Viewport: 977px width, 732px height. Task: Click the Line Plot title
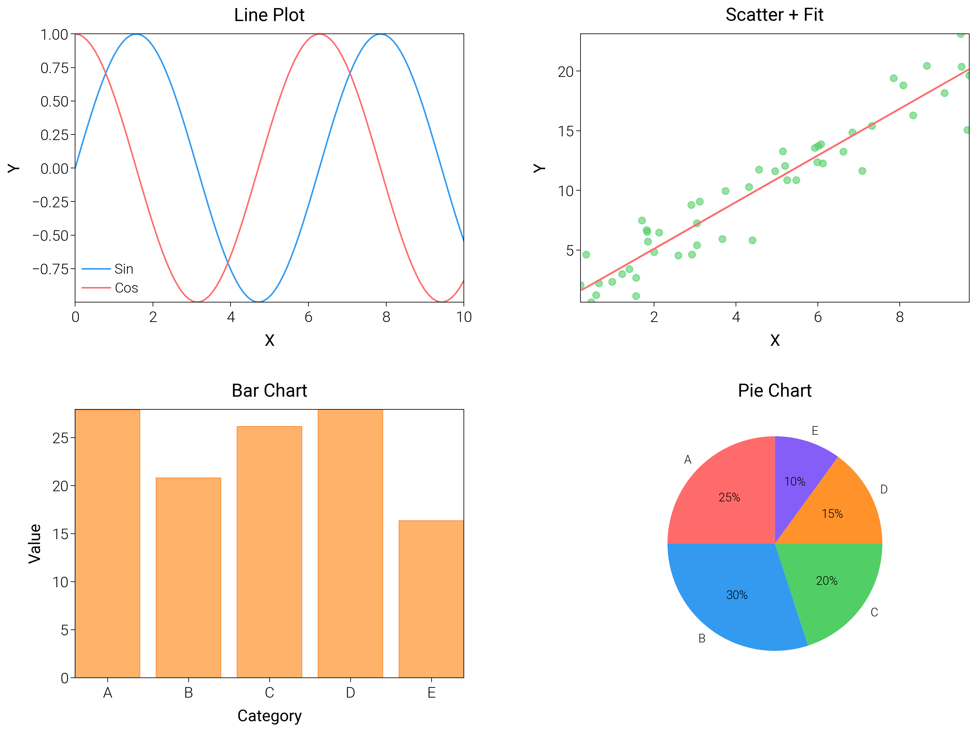(x=269, y=15)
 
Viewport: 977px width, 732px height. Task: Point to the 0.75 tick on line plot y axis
(x=55, y=68)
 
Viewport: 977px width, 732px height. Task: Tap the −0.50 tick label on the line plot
(x=50, y=235)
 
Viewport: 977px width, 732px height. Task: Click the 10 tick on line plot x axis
(x=464, y=317)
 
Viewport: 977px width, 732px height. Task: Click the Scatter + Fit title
(x=774, y=15)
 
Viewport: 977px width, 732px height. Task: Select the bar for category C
(x=269, y=552)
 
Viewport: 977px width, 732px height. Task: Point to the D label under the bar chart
(x=350, y=693)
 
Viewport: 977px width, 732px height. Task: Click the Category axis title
(x=269, y=716)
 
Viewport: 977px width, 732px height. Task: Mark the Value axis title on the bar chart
(x=34, y=544)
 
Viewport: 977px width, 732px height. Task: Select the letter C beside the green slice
(x=874, y=612)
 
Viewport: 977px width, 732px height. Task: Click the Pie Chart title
(x=774, y=390)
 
